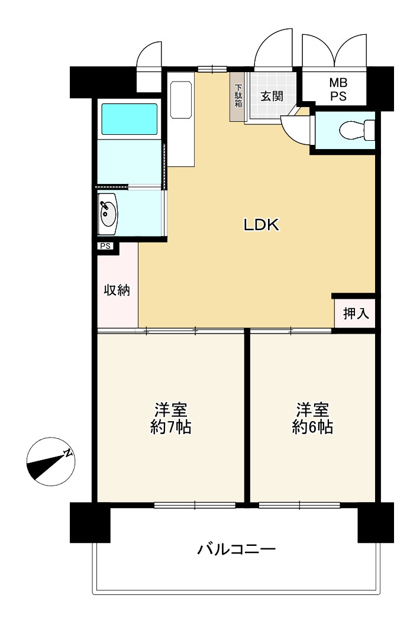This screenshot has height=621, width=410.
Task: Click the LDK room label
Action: click(x=261, y=225)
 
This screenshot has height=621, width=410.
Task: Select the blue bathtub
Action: click(x=129, y=119)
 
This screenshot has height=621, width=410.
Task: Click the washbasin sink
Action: click(x=108, y=214)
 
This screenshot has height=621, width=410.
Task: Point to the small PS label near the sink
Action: click(x=105, y=247)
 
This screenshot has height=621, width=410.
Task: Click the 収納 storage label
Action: click(x=117, y=290)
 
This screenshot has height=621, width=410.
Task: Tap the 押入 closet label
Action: click(x=356, y=313)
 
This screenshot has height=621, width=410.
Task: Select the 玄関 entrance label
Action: click(x=272, y=96)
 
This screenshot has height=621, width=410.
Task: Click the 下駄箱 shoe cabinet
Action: click(x=238, y=96)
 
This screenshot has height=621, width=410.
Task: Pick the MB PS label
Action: click(x=338, y=89)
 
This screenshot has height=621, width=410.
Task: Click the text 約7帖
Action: click(x=171, y=428)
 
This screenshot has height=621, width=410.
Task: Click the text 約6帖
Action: click(x=312, y=428)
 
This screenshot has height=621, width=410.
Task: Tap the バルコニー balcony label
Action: click(x=237, y=549)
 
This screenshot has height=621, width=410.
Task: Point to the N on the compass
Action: click(x=69, y=453)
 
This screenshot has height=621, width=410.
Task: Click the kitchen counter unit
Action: click(x=180, y=119)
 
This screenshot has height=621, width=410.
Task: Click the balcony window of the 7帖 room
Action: click(x=195, y=505)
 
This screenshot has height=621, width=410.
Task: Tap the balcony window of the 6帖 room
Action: click(x=299, y=505)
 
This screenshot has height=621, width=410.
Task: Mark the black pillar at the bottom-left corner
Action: click(x=90, y=522)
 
